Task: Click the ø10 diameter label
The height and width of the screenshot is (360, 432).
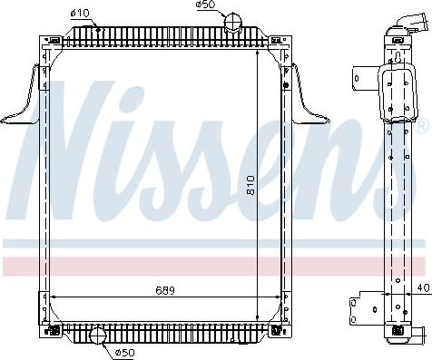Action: point(80,13)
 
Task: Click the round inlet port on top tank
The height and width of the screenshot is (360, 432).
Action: point(234,21)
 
